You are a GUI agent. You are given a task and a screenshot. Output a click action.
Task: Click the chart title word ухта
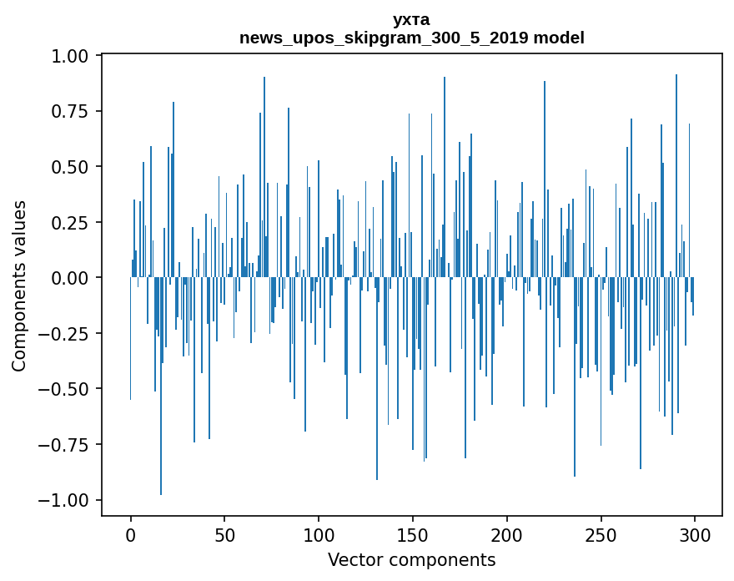(411, 19)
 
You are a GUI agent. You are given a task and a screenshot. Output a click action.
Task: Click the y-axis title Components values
(19, 285)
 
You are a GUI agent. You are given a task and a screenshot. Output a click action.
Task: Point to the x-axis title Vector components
(411, 560)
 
